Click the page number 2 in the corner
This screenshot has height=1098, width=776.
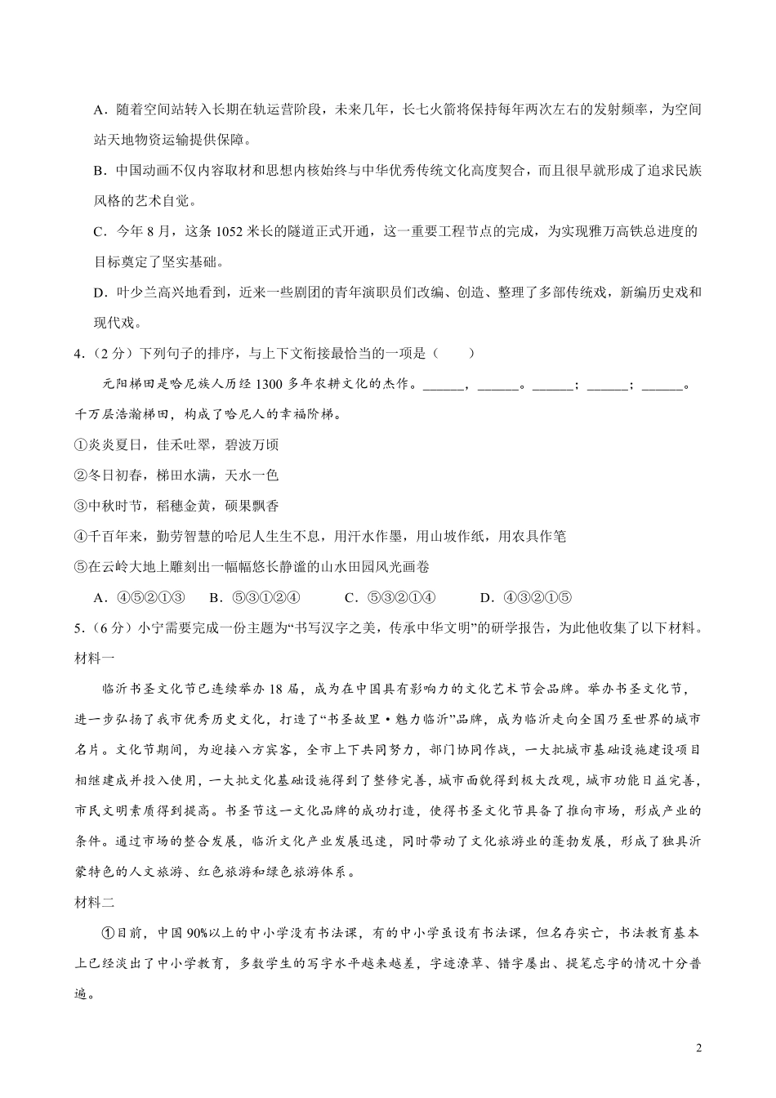tap(698, 1049)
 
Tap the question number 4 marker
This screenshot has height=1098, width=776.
tap(78, 354)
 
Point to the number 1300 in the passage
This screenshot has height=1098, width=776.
tap(270, 385)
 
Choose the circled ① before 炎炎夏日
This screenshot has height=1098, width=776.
tap(80, 445)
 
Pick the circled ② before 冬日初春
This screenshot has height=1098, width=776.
tap(80, 475)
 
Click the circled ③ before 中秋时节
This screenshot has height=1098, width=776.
tap(80, 506)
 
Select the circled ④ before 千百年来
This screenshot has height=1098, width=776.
tap(80, 537)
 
